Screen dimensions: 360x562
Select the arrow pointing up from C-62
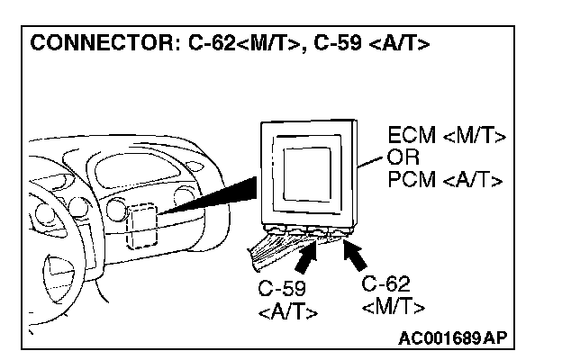point(355,256)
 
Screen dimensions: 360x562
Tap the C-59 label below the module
point(281,290)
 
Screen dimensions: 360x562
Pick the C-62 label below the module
point(386,285)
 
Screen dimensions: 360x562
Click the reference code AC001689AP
point(452,338)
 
